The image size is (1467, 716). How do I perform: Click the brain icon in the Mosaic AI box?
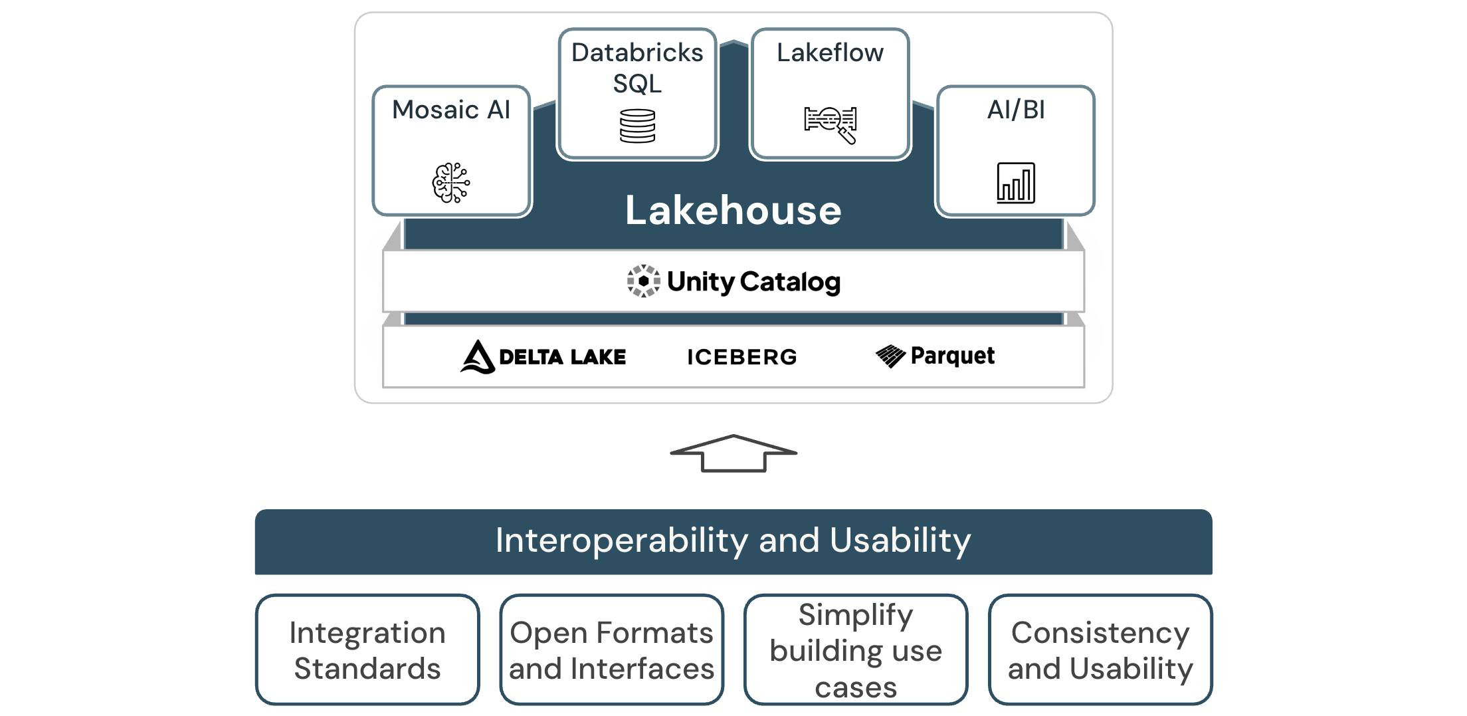(x=451, y=182)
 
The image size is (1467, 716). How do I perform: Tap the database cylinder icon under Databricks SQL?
(x=637, y=126)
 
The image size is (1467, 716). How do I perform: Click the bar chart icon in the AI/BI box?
(x=1015, y=183)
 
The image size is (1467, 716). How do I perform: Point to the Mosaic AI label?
(x=451, y=110)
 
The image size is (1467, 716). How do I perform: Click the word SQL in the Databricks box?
(x=637, y=84)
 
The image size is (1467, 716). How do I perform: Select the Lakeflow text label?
(x=830, y=53)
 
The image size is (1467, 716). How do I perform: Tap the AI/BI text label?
(x=1015, y=110)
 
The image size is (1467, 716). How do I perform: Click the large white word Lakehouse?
(x=733, y=211)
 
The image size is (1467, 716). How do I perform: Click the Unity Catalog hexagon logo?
(x=643, y=281)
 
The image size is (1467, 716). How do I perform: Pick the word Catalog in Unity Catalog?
(x=790, y=282)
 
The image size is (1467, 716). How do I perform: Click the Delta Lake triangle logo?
(x=478, y=357)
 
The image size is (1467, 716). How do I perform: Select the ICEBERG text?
(x=741, y=357)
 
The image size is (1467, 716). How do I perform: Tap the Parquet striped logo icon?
(x=890, y=356)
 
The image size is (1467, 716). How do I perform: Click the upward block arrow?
(x=733, y=454)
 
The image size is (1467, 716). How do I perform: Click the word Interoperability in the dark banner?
(x=621, y=540)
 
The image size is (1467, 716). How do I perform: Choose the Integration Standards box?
(x=367, y=650)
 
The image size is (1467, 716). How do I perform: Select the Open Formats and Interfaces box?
(x=611, y=650)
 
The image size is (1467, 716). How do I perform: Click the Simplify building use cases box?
(x=856, y=650)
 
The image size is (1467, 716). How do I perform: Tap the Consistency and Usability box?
(x=1100, y=650)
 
